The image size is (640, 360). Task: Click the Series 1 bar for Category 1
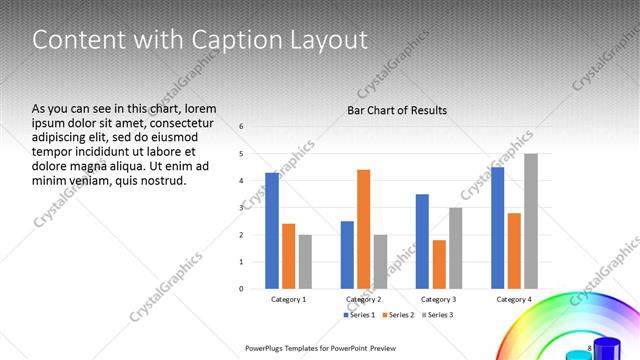pyautogui.click(x=272, y=230)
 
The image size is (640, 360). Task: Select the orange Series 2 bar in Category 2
pyautogui.click(x=363, y=229)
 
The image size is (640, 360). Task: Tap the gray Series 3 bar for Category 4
pyautogui.click(x=531, y=221)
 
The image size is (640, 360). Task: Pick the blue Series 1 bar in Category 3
pyautogui.click(x=422, y=241)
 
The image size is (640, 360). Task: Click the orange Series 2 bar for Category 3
pyautogui.click(x=439, y=264)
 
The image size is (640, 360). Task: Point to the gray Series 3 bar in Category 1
pyautogui.click(x=305, y=261)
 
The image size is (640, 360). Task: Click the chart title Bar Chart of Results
pyautogui.click(x=397, y=110)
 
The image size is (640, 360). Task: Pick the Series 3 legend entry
pyautogui.click(x=438, y=315)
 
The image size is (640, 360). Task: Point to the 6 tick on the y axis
pyautogui.click(x=242, y=127)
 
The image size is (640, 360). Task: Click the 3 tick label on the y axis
pyautogui.click(x=242, y=208)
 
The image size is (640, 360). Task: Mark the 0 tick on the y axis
pyautogui.click(x=242, y=289)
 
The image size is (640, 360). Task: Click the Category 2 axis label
pyautogui.click(x=363, y=299)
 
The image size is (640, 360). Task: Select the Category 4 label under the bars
pyautogui.click(x=514, y=299)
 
